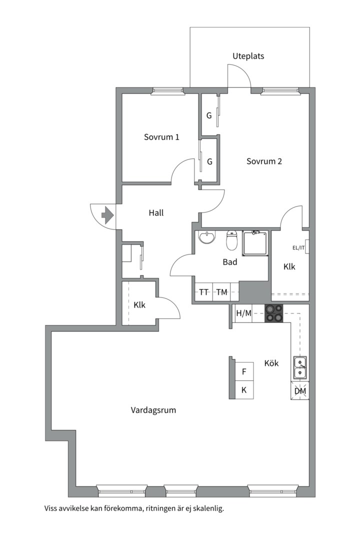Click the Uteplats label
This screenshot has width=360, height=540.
coord(248,56)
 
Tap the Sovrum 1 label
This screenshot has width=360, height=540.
coord(161,137)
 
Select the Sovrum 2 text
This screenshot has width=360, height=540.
coord(264,161)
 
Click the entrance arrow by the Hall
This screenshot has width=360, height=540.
coord(107,215)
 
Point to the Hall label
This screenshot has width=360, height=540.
coord(156,213)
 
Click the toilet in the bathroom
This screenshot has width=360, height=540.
coord(232,240)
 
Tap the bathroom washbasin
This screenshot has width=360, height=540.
coord(206,236)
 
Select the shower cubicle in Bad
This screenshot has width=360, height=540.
coord(255,243)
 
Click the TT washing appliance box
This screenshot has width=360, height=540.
coord(204,292)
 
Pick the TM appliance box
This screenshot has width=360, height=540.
coord(221,292)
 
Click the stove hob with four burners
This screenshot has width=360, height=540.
coord(274,313)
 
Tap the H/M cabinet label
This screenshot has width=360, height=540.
coord(243,313)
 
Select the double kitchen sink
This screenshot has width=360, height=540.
coord(300,367)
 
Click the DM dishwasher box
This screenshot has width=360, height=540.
coord(300,390)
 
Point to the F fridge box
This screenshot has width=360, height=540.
coord(244,371)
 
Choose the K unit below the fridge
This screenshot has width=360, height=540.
coord(244,390)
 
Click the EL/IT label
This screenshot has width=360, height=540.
coord(298,247)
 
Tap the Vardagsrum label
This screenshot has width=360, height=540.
coord(153,410)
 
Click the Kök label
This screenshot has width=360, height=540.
coord(271,363)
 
